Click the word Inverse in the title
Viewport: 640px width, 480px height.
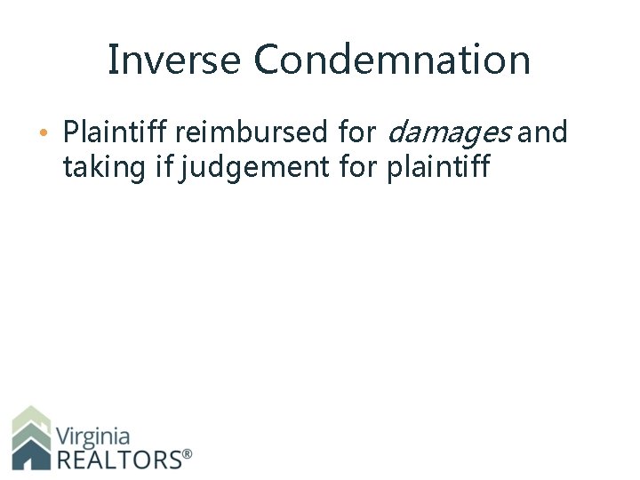(x=174, y=60)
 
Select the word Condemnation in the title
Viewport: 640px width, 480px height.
(x=392, y=60)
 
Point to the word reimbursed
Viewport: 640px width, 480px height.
(x=252, y=133)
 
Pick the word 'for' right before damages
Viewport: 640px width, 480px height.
(x=358, y=133)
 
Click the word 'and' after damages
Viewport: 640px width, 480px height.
(x=542, y=133)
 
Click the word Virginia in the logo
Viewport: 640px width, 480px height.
(x=92, y=436)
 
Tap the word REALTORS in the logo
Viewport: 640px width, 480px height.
(x=117, y=459)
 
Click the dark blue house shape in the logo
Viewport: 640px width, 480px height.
(x=31, y=455)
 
